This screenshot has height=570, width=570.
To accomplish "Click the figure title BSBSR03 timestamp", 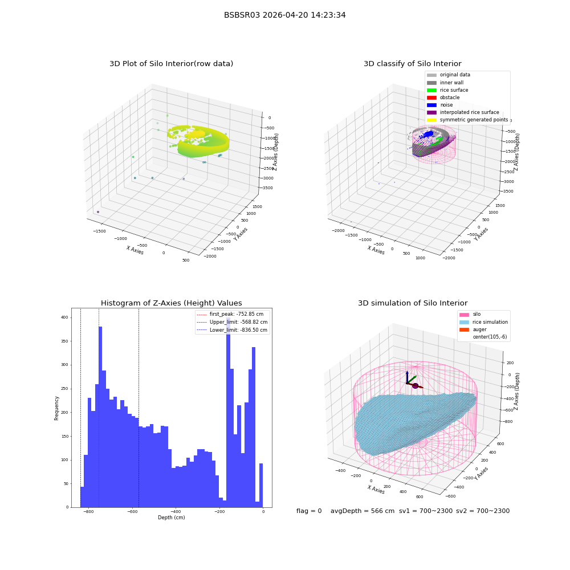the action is (x=284, y=15).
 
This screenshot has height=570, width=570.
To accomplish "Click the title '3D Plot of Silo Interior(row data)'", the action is (x=171, y=64).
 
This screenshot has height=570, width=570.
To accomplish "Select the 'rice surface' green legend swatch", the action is (x=431, y=90).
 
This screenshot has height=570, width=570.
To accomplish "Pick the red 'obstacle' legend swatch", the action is (x=431, y=97).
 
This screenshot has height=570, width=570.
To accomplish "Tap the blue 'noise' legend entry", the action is (x=439, y=105).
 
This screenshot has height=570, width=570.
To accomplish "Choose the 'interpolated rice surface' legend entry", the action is (x=463, y=112).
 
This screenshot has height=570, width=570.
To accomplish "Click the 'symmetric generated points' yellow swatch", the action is (x=431, y=120).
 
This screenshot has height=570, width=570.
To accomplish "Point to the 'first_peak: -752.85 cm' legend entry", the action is (x=230, y=314).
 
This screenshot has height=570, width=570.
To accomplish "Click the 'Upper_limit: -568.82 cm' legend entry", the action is (x=232, y=322).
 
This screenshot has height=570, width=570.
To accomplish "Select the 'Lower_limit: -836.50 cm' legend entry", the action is (x=232, y=330).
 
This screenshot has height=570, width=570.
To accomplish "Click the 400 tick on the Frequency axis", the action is (x=64, y=317).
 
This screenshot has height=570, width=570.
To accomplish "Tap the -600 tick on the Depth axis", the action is (x=132, y=511).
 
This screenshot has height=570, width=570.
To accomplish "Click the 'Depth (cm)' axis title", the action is (x=171, y=518).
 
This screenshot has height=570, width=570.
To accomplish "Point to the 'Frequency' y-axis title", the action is (x=56, y=408).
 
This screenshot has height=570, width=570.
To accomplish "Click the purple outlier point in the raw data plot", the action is (x=98, y=212).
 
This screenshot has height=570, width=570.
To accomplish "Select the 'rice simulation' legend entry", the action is (x=483, y=322).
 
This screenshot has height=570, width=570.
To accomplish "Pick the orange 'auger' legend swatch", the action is (x=464, y=329).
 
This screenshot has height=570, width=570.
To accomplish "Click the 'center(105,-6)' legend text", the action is (x=490, y=337).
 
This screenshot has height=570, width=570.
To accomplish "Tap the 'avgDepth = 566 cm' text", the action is (x=363, y=511).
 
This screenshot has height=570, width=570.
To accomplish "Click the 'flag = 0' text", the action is (x=309, y=511).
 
